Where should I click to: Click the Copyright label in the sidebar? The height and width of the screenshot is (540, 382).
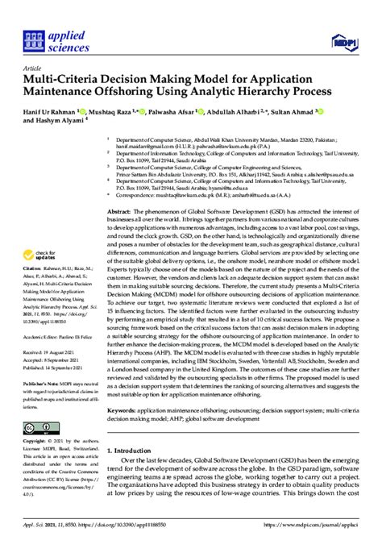pos(34,442)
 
